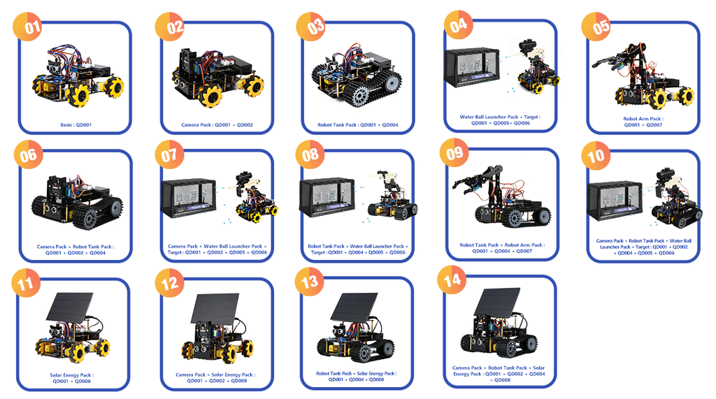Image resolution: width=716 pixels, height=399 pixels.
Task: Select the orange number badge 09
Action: (454, 153)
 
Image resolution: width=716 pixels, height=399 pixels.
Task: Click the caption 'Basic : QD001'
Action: (74, 126)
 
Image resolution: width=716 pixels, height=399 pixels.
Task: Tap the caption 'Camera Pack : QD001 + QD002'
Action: (216, 126)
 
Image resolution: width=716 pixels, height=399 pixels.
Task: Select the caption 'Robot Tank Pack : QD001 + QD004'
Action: (358, 126)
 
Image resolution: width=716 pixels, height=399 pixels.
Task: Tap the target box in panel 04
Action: (473, 68)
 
